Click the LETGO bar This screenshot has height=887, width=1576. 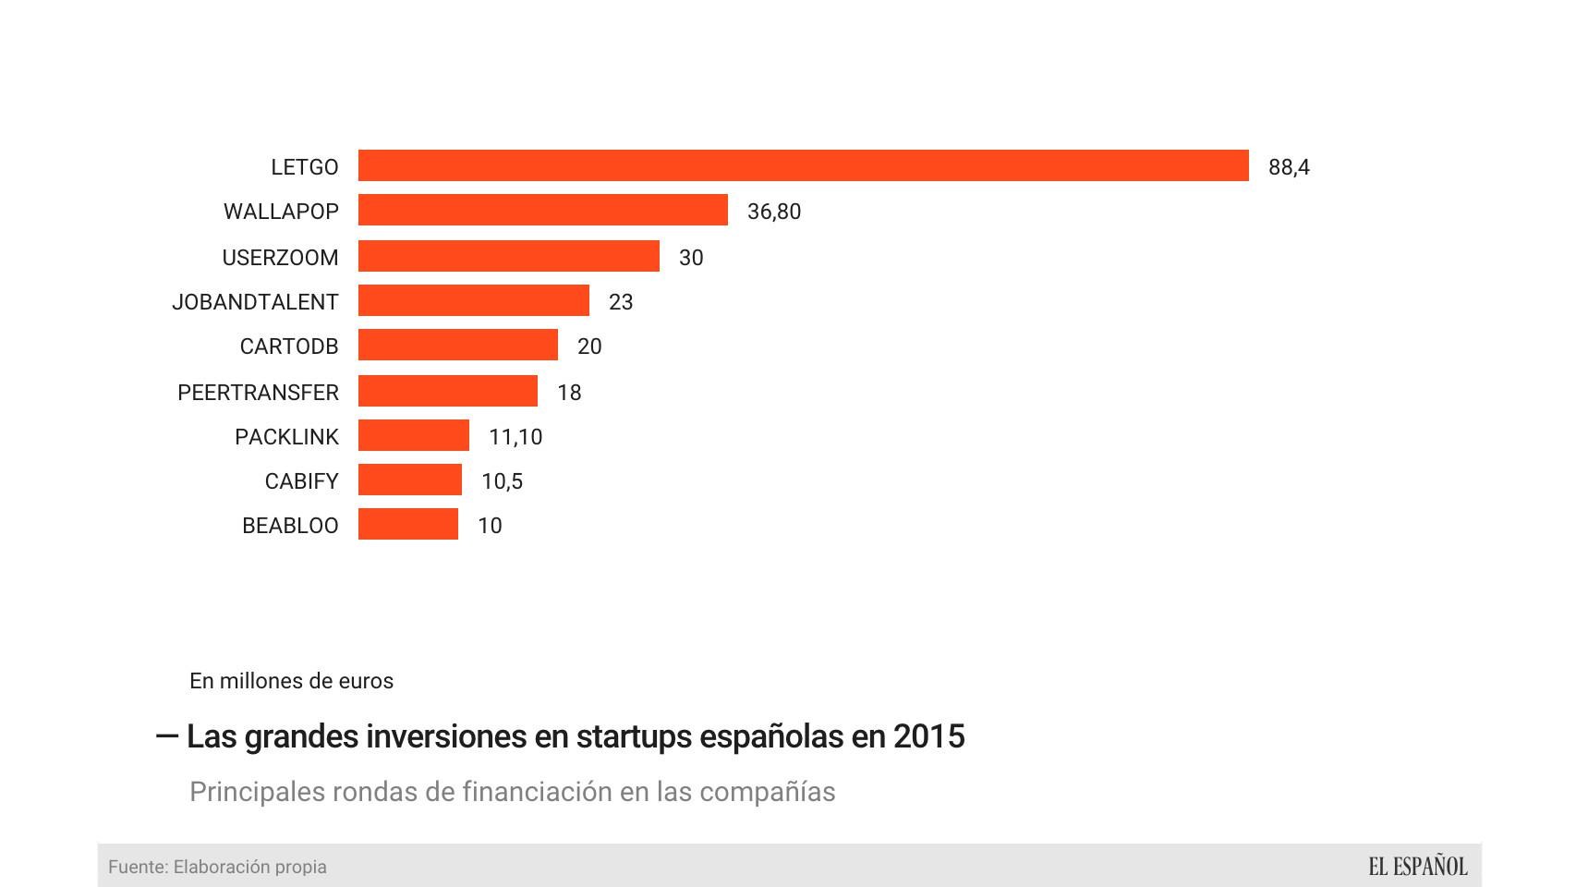(803, 165)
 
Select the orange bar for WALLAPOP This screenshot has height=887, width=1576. (542, 210)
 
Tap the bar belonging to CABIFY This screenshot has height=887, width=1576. (409, 480)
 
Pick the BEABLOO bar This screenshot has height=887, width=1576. (407, 524)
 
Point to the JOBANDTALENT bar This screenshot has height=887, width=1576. (473, 300)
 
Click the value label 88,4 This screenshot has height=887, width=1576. (1289, 167)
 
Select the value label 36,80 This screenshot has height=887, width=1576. (773, 212)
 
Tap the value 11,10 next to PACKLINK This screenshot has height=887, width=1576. (515, 437)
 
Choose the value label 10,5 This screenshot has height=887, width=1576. (502, 481)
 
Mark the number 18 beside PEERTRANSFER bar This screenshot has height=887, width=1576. (569, 393)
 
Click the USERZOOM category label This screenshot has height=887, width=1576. (280, 258)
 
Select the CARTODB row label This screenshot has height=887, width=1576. (288, 346)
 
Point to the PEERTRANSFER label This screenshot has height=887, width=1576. (258, 393)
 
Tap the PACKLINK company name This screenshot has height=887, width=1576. (286, 437)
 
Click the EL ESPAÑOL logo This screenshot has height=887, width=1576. (1417, 867)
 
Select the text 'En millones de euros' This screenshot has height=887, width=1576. (291, 681)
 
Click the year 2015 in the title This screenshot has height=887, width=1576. (928, 736)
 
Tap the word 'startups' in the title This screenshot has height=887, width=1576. (634, 736)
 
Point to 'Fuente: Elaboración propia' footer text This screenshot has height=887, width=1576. (217, 867)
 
